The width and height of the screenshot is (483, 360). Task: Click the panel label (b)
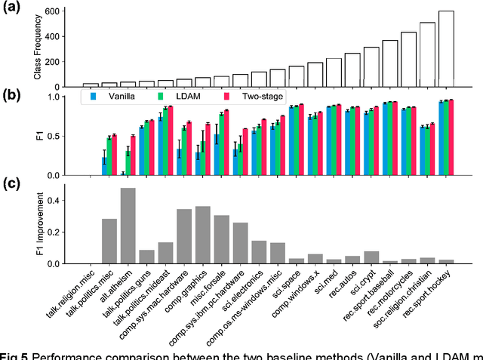11,95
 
